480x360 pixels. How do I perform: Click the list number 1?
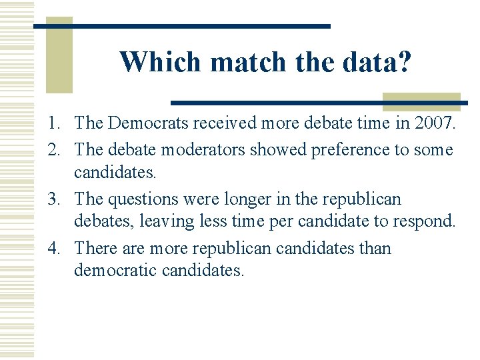point(55,123)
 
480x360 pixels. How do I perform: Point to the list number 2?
point(55,150)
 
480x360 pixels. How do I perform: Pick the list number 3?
point(55,199)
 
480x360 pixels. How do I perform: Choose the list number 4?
point(55,249)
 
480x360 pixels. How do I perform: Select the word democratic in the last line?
point(115,271)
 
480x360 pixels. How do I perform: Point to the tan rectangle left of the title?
point(59,57)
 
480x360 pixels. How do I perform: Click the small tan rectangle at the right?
point(421,102)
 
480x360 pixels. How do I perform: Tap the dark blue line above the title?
point(181,26)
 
